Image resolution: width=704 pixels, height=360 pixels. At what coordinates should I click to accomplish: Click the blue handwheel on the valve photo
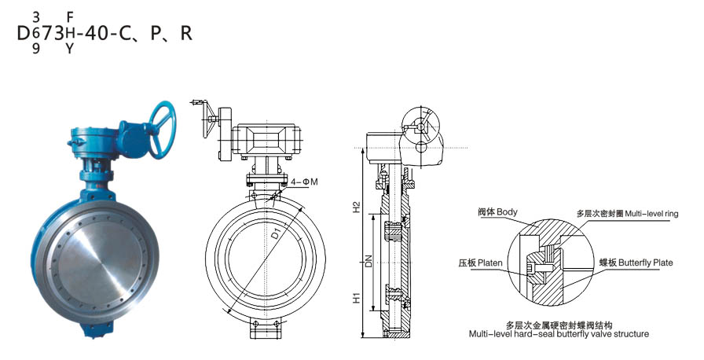pyautogui.click(x=154, y=123)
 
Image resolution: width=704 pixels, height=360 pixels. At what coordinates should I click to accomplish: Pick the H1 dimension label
pyautogui.click(x=356, y=299)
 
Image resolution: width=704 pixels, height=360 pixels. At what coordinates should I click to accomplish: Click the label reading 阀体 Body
pyautogui.click(x=497, y=213)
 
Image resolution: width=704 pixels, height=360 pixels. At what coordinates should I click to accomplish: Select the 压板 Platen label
pyautogui.click(x=480, y=263)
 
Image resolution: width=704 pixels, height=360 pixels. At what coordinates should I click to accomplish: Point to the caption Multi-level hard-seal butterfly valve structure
pyautogui.click(x=559, y=334)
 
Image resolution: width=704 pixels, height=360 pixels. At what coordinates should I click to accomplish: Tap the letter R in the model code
pyautogui.click(x=185, y=34)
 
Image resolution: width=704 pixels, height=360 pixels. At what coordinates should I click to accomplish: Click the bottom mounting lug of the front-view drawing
pyautogui.click(x=266, y=329)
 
